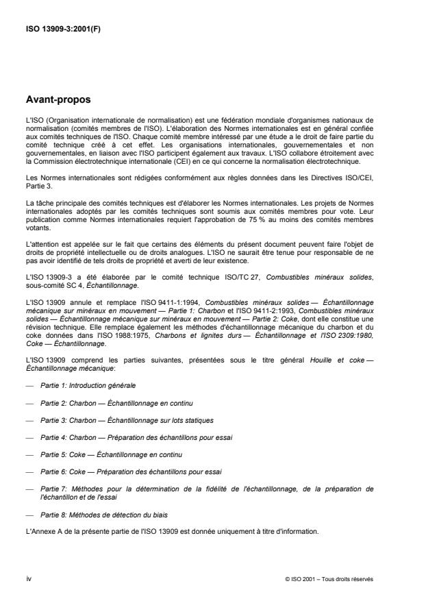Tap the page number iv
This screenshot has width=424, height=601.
click(x=28, y=578)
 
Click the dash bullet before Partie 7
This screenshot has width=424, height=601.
click(x=29, y=489)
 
